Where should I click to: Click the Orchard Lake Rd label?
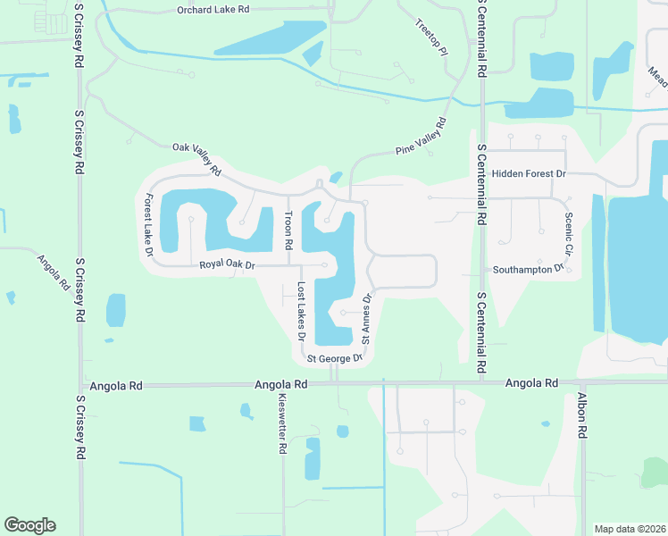213,10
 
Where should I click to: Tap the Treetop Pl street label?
430,36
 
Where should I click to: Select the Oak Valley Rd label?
196,157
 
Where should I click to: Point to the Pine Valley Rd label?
420,139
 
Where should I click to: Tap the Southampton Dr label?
529,268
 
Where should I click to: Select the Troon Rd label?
288,230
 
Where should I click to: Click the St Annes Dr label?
365,318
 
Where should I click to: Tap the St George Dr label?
335,359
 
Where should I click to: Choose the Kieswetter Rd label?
281,424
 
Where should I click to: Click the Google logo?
29,525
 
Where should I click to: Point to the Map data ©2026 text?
629,529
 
